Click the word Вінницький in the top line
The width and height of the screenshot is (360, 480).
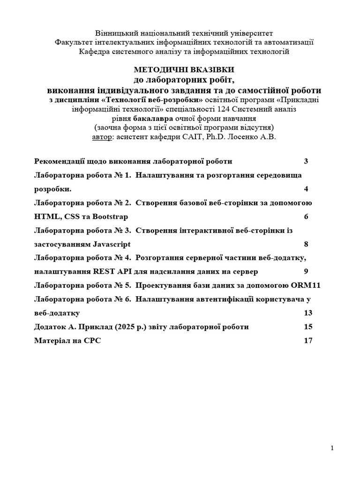tap(115, 33)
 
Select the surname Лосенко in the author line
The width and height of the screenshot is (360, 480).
tap(251, 136)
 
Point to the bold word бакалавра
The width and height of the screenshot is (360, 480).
tap(152, 118)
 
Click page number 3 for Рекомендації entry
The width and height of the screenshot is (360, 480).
tap(306, 161)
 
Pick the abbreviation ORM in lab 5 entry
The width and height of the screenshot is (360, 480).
tap(300, 285)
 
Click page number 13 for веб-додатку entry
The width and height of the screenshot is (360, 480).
tap(308, 313)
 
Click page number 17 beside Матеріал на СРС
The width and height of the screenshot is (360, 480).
tap(308, 341)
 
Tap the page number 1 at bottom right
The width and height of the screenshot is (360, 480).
tap(332, 448)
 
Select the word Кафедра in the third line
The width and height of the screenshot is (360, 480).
tap(93, 51)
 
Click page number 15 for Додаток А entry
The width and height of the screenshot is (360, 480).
tap(308, 327)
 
